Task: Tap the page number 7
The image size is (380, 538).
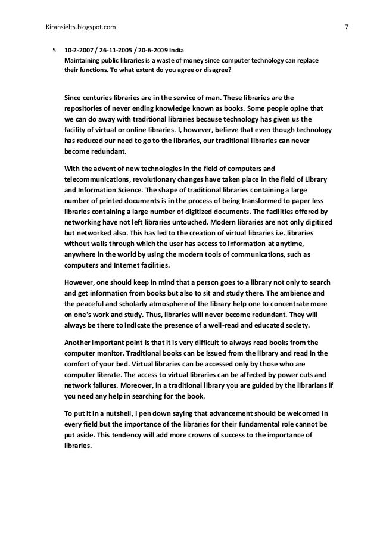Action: [x=347, y=26]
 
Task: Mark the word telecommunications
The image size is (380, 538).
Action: [x=99, y=179]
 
